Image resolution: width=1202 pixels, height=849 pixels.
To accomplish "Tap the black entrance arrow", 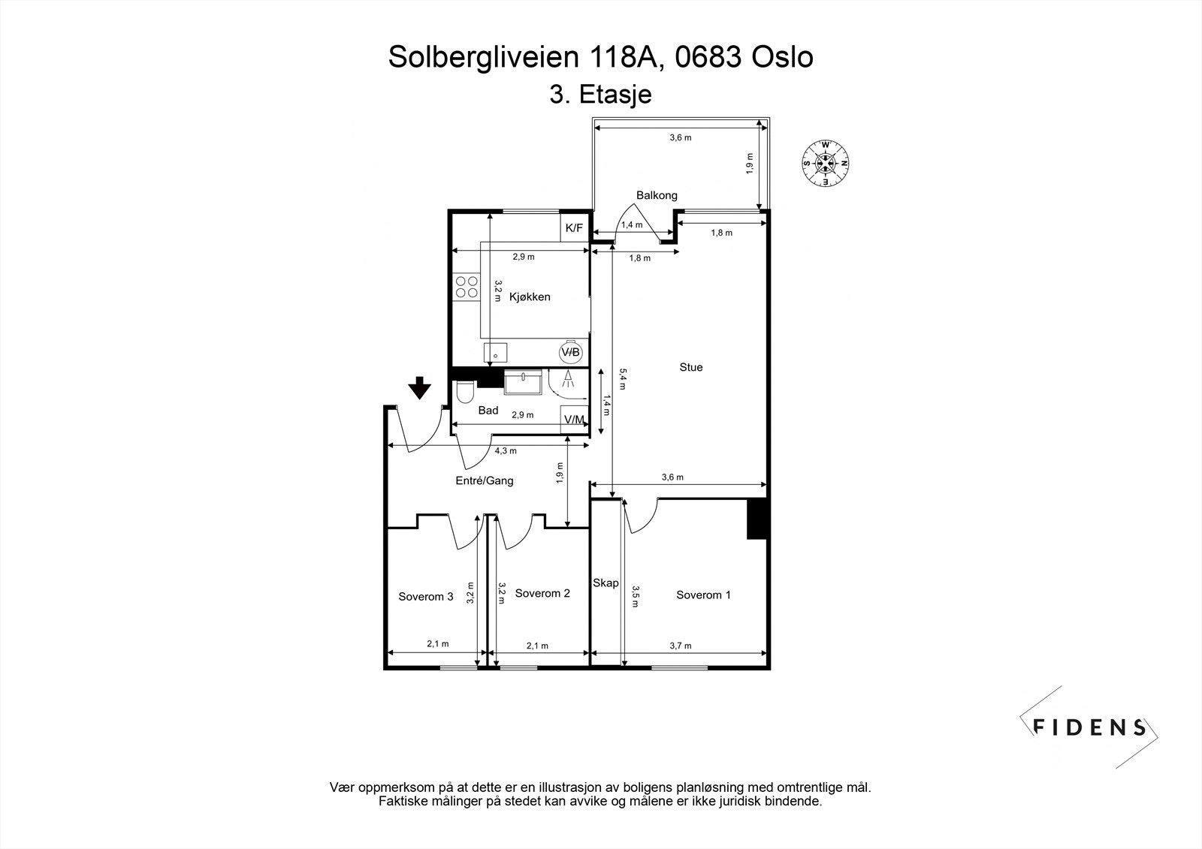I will click(x=420, y=387).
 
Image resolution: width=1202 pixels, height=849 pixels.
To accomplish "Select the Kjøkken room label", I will click(x=530, y=297).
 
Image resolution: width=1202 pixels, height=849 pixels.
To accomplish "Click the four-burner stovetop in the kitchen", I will click(x=466, y=288).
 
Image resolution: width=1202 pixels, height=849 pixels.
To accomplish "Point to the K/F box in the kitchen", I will click(x=574, y=228).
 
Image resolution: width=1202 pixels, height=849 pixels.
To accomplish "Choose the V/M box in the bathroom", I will click(x=574, y=419).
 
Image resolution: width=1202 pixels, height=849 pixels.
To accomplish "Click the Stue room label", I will click(x=691, y=367).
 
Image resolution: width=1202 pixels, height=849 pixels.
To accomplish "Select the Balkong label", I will click(x=657, y=195).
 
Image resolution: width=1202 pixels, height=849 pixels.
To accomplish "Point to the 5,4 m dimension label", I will click(x=621, y=378).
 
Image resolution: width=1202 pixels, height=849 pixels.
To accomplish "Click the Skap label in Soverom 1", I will click(x=606, y=583).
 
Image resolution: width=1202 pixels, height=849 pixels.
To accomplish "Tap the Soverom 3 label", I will click(x=425, y=597).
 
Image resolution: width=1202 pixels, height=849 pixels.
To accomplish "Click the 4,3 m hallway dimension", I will click(x=506, y=451).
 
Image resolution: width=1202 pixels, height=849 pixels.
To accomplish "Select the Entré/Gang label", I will click(x=485, y=480).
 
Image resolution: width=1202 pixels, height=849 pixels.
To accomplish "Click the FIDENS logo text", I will click(x=1090, y=727).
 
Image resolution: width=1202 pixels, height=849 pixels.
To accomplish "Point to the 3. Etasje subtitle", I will click(x=600, y=95).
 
